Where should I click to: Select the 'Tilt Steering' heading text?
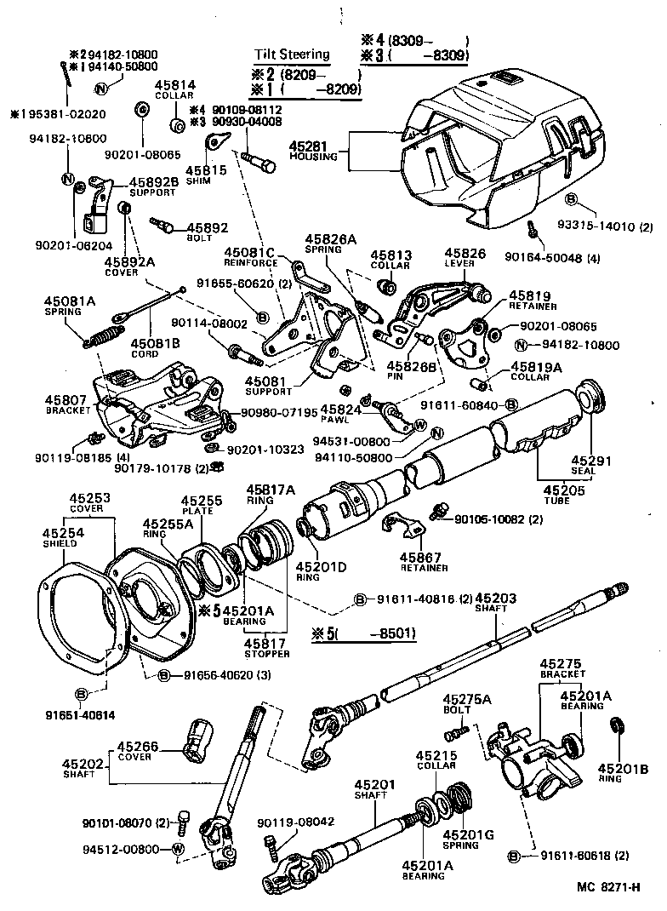[292, 54]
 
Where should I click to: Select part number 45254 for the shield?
[62, 533]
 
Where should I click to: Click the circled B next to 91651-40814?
[82, 695]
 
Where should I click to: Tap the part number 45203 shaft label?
[495, 599]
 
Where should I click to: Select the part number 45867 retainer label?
[419, 559]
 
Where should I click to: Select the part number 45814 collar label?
[174, 85]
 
